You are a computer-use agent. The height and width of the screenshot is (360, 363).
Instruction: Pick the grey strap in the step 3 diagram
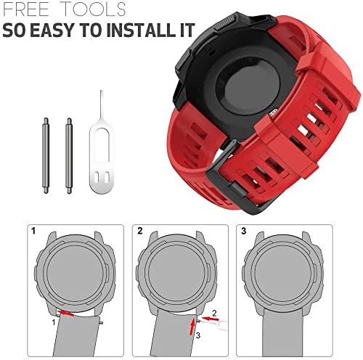point(296,337)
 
